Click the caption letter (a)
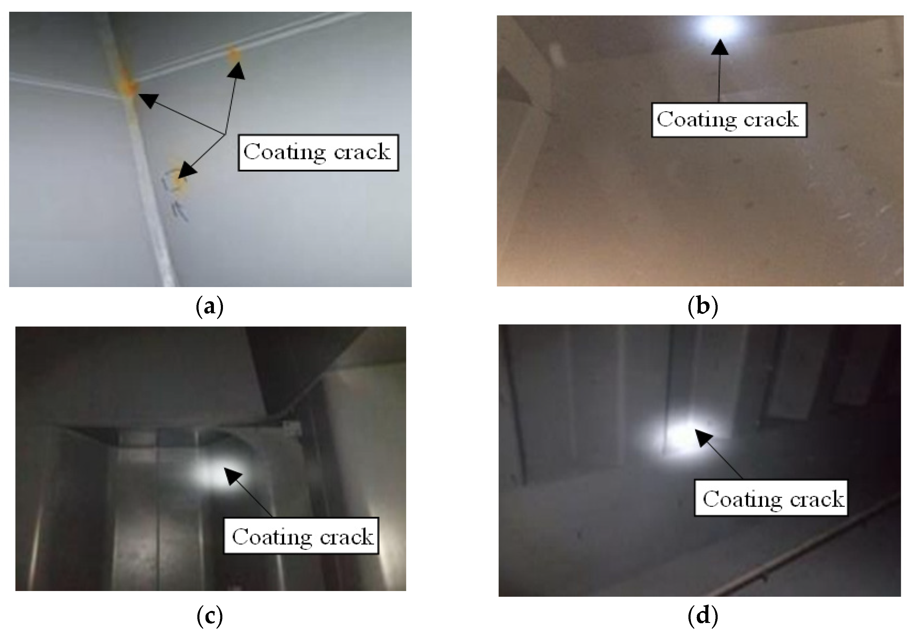(x=210, y=307)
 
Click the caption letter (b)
(x=702, y=307)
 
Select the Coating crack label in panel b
(x=729, y=120)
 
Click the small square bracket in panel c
(x=293, y=428)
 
